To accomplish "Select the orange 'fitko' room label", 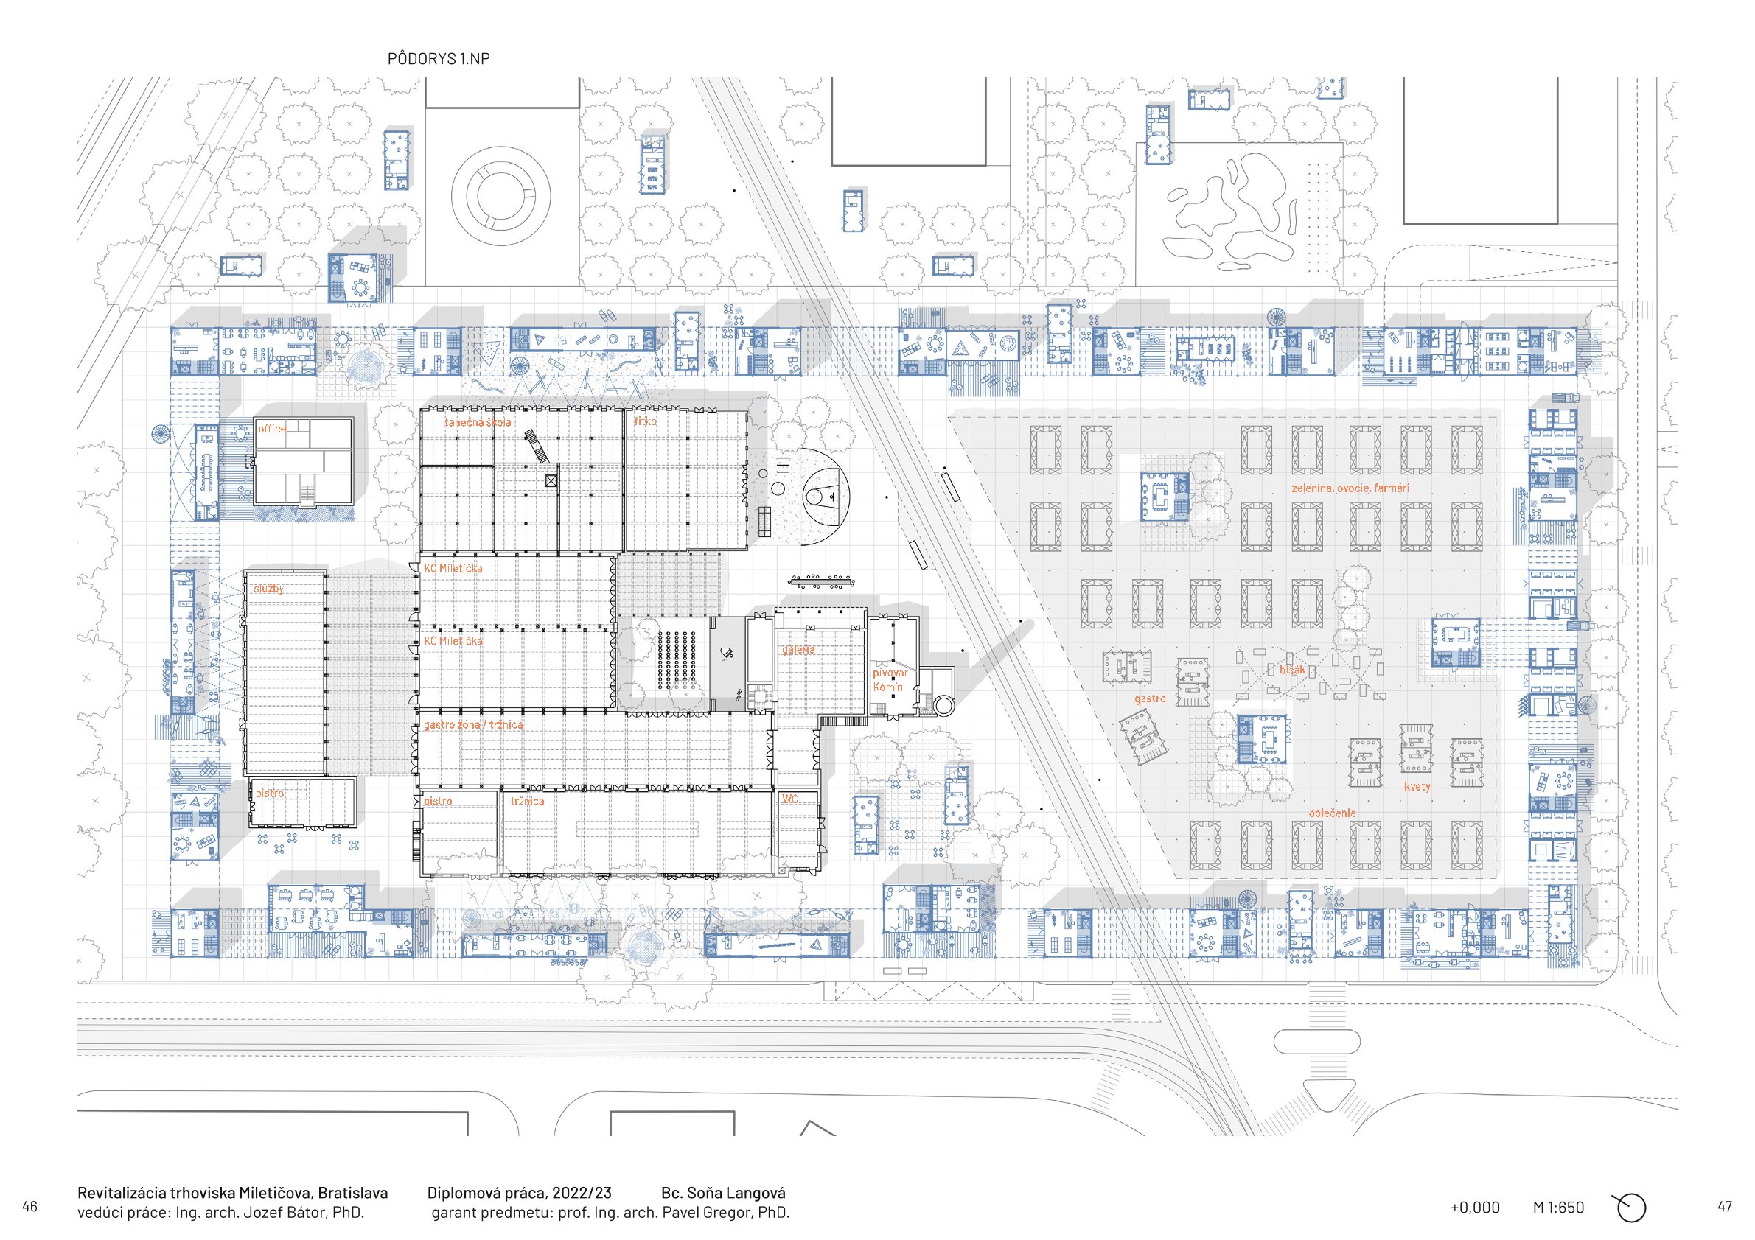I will [x=645, y=421].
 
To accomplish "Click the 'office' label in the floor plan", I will [x=272, y=429].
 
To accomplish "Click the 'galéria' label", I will [x=798, y=649].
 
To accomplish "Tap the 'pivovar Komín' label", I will [x=890, y=680].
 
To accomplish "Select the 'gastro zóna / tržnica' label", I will [x=473, y=724].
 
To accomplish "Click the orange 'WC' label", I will [x=789, y=799].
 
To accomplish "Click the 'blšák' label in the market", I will [x=1292, y=670].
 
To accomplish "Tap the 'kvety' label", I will [x=1417, y=786].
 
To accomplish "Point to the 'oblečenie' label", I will [x=1333, y=813].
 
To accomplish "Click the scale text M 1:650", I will [x=1557, y=1208].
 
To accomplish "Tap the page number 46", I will [x=29, y=1207].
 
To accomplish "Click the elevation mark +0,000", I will [x=1474, y=1208].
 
